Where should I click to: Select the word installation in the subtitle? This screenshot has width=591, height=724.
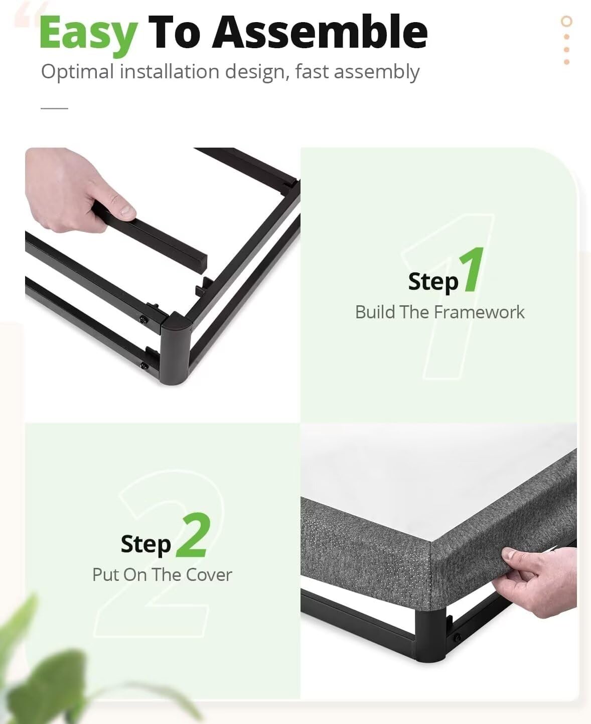[x=170, y=72]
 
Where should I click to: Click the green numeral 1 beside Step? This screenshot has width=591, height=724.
[x=473, y=270]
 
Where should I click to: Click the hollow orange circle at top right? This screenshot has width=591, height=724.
[x=566, y=21]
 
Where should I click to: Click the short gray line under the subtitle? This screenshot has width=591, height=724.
[x=54, y=108]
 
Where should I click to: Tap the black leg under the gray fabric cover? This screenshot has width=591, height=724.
[x=430, y=636]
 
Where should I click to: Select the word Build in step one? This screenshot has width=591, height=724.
[x=375, y=312]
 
